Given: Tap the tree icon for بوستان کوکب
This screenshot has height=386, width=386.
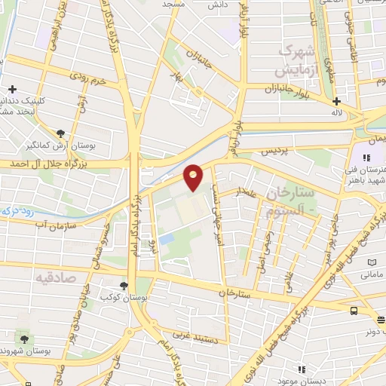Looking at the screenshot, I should tap(123, 285).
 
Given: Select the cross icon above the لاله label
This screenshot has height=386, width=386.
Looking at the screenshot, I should tap(336, 101).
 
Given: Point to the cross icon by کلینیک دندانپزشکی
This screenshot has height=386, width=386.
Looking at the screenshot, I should tap(12, 90).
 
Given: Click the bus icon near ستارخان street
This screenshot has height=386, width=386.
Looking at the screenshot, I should tap(354, 310).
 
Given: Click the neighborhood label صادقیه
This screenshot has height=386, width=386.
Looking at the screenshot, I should tap(55, 277).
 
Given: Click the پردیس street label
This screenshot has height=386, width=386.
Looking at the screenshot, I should tap(276, 151).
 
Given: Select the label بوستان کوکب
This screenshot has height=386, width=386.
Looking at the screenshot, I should tap(123, 297).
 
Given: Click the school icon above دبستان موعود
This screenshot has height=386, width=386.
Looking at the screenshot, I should tap(302, 369).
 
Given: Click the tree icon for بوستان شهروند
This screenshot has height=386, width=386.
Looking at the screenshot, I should tap(25, 339).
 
